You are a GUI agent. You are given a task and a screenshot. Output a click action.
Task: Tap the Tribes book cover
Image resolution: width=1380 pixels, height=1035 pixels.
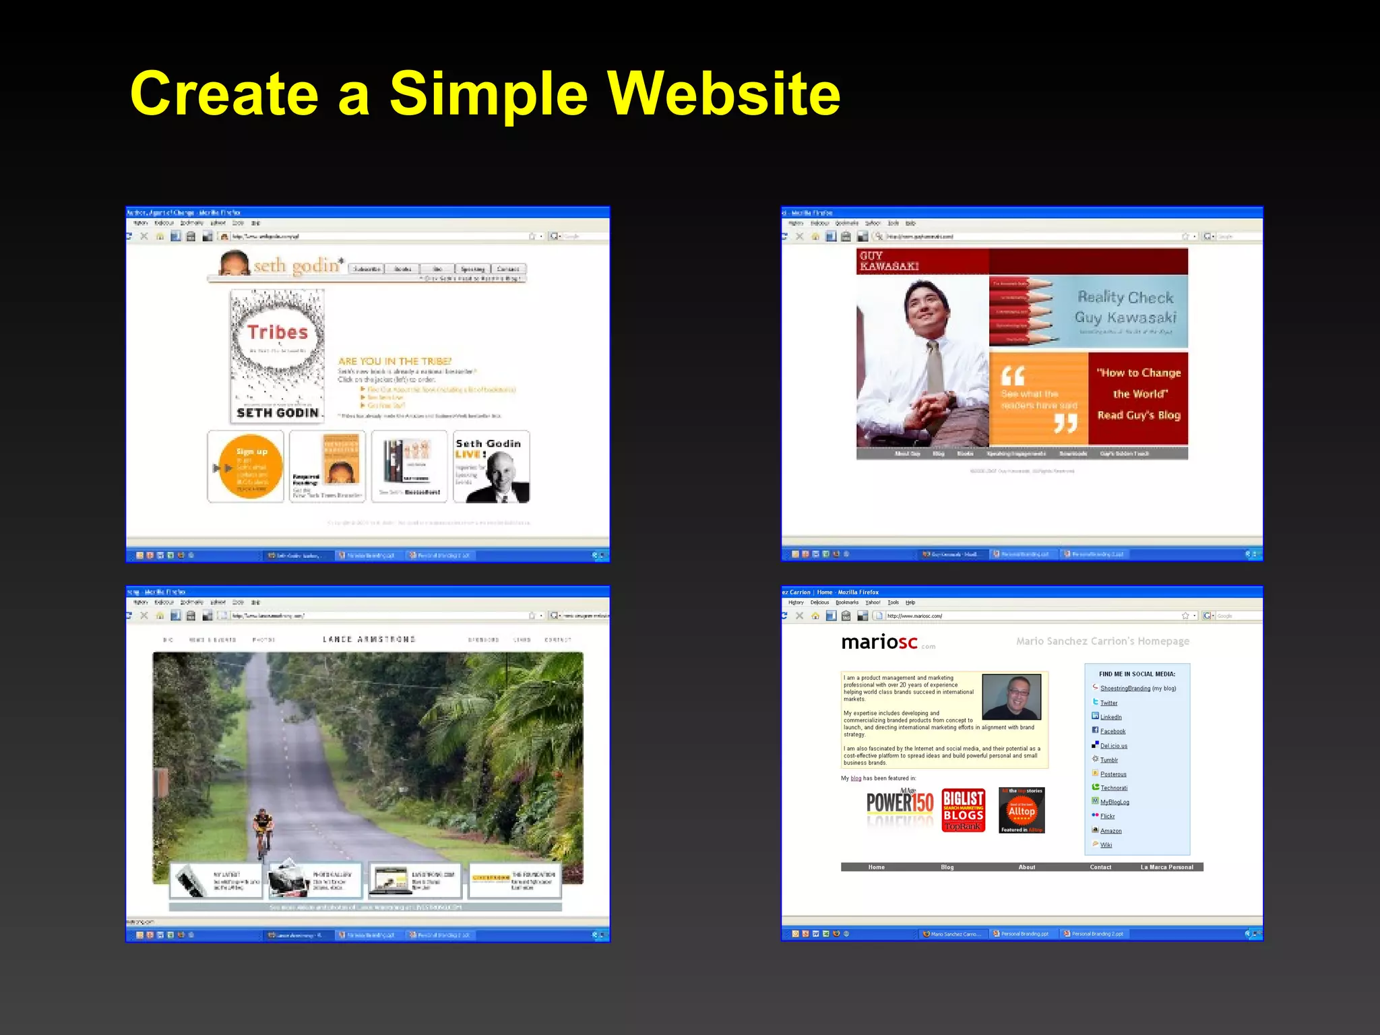277,355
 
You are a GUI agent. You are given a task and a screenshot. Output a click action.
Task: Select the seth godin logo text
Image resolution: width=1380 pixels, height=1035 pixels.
297,265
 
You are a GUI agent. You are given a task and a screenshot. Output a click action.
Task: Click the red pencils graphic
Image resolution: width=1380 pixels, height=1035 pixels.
1020,311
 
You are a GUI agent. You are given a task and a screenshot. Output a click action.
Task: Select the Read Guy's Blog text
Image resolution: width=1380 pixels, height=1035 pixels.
1138,415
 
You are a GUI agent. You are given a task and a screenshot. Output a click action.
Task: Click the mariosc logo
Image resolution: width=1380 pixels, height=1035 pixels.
879,642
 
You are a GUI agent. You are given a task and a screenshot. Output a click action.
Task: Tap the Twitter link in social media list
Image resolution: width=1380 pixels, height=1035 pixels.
1108,703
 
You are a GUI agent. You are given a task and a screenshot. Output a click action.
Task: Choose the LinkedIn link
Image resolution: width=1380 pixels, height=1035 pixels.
1110,717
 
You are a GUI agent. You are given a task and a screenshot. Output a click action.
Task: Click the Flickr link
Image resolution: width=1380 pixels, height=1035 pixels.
1107,816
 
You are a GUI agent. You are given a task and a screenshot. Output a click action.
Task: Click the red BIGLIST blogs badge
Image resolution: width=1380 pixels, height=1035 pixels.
963,810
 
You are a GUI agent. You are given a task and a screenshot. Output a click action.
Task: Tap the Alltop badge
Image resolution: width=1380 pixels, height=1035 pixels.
1022,810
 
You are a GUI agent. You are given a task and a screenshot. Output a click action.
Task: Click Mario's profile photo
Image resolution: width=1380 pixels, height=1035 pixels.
1011,697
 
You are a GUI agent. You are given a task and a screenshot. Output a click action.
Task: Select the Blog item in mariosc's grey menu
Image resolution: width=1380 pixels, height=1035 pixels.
947,867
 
